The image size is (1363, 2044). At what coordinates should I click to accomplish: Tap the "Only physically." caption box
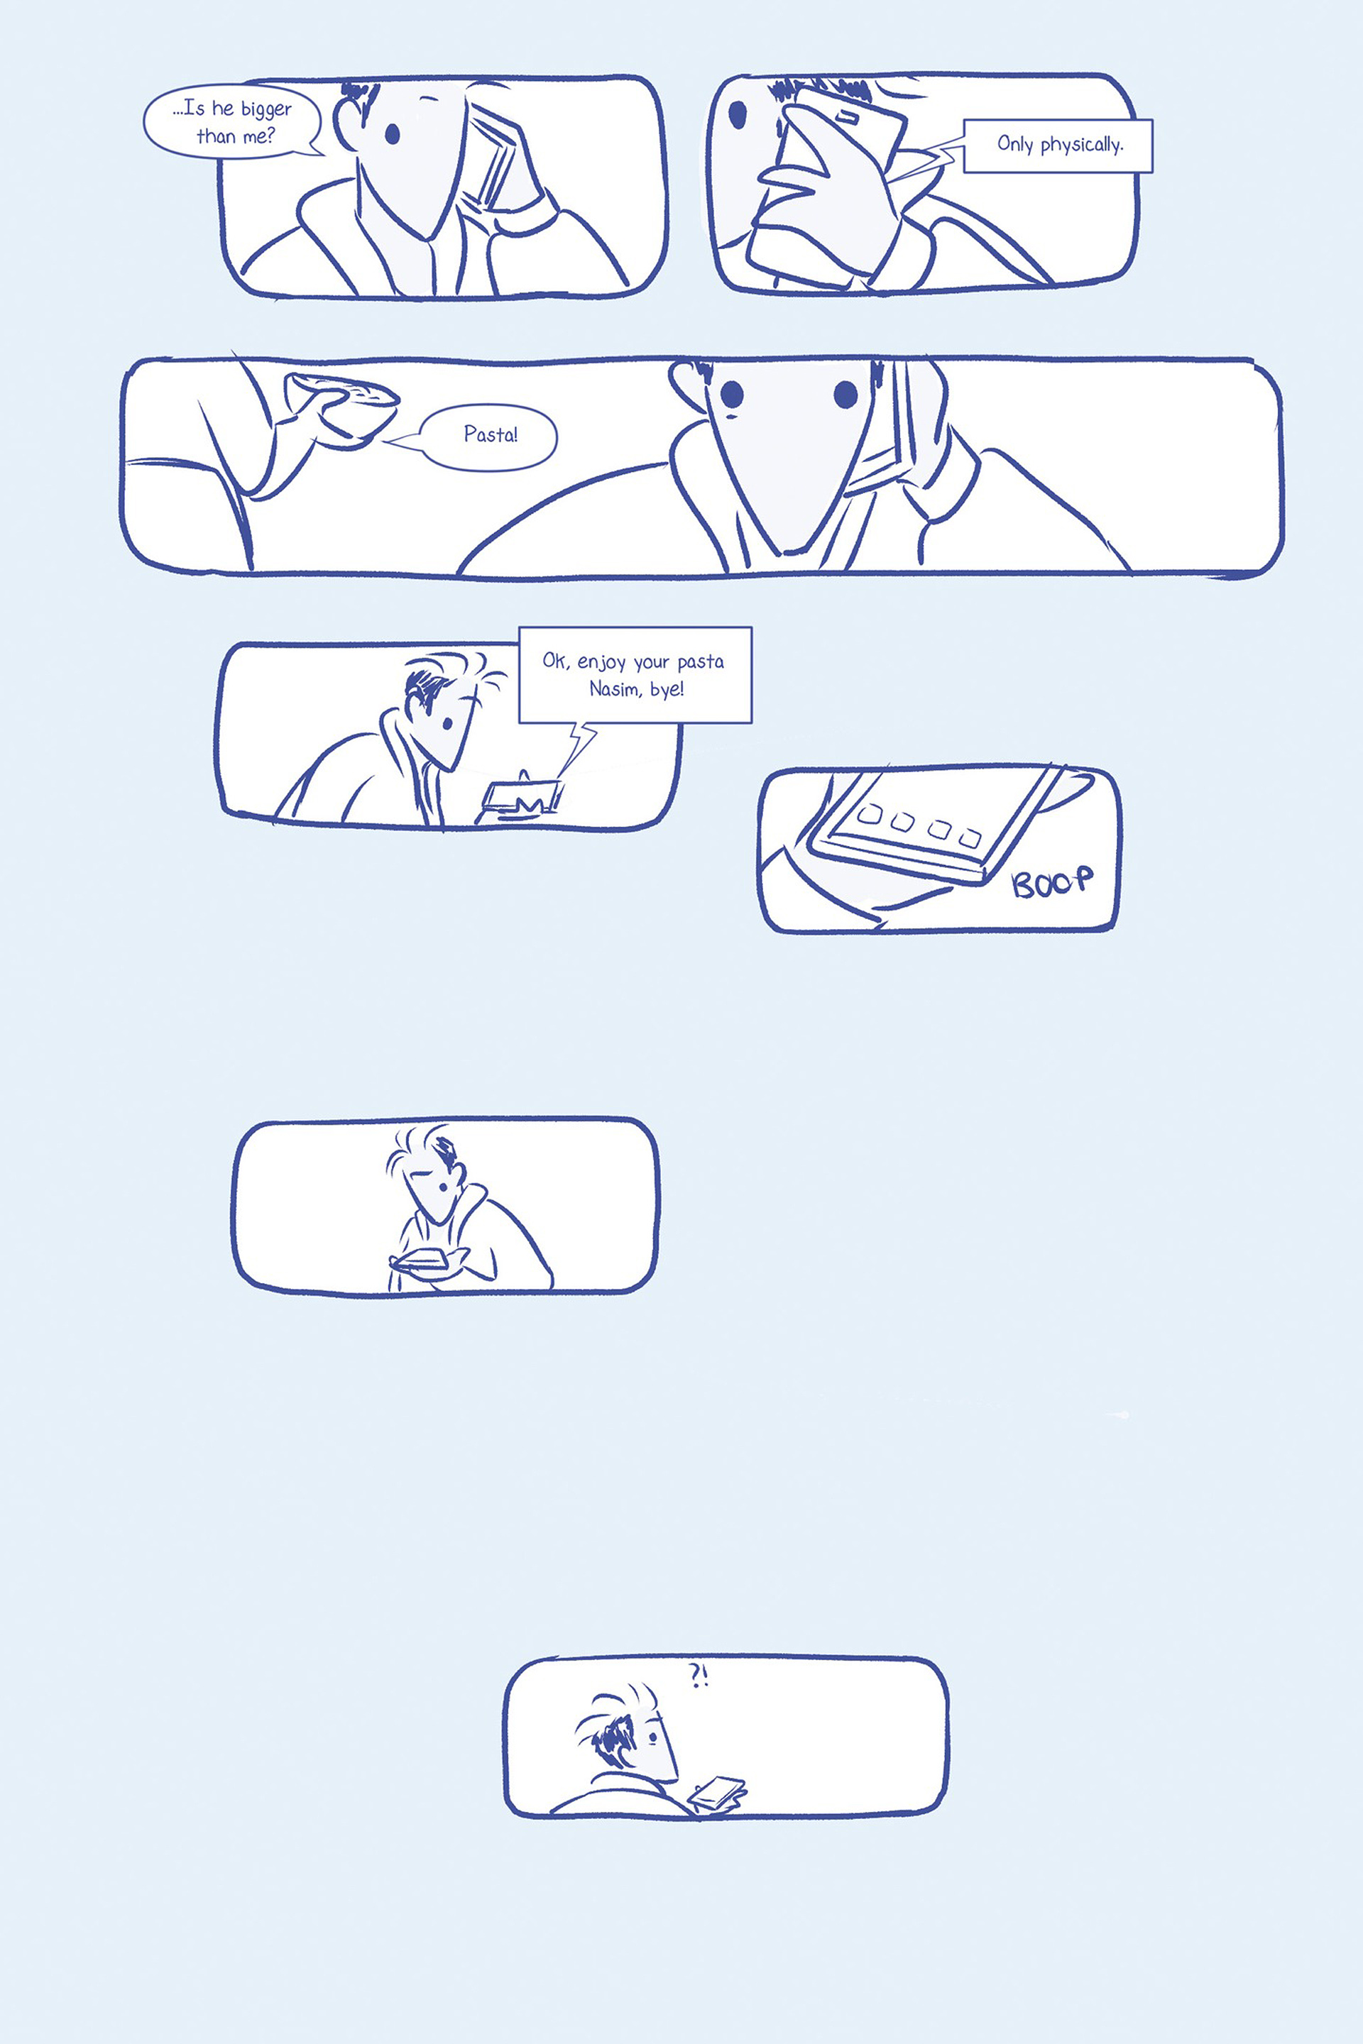[x=1058, y=145]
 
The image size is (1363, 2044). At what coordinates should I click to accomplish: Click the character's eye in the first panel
[x=392, y=133]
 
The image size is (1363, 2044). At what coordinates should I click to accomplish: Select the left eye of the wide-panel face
[x=732, y=395]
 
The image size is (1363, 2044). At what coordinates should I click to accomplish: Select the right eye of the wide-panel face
[x=845, y=395]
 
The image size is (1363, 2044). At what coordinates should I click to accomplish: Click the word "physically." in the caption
[x=1082, y=145]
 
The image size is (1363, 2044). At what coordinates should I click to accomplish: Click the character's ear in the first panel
[x=348, y=121]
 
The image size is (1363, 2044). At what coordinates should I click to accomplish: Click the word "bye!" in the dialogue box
[x=667, y=689]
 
